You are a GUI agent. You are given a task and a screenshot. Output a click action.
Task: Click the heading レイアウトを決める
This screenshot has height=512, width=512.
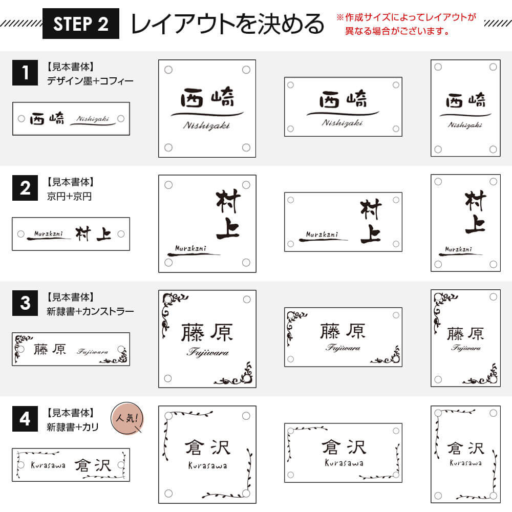[227, 24]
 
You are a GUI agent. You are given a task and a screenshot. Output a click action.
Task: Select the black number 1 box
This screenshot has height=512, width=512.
[25, 73]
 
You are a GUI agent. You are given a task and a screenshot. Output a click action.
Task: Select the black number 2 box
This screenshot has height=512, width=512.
[25, 188]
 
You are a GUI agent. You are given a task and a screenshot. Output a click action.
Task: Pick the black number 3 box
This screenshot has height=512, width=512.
[25, 303]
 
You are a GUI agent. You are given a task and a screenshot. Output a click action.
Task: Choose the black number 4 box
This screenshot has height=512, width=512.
[25, 419]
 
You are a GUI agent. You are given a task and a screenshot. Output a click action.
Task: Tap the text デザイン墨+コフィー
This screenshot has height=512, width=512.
[90, 81]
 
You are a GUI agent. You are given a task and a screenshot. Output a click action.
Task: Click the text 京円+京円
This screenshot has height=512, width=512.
[69, 196]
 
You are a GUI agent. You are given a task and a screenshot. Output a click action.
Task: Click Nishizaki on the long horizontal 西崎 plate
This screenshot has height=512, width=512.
[93, 119]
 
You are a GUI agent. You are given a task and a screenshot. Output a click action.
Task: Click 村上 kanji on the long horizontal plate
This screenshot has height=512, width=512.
[93, 234]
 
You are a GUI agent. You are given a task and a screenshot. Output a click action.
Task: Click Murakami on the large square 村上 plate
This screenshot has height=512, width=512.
[190, 248]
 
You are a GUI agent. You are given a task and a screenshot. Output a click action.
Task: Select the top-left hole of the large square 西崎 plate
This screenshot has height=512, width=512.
[168, 70]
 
